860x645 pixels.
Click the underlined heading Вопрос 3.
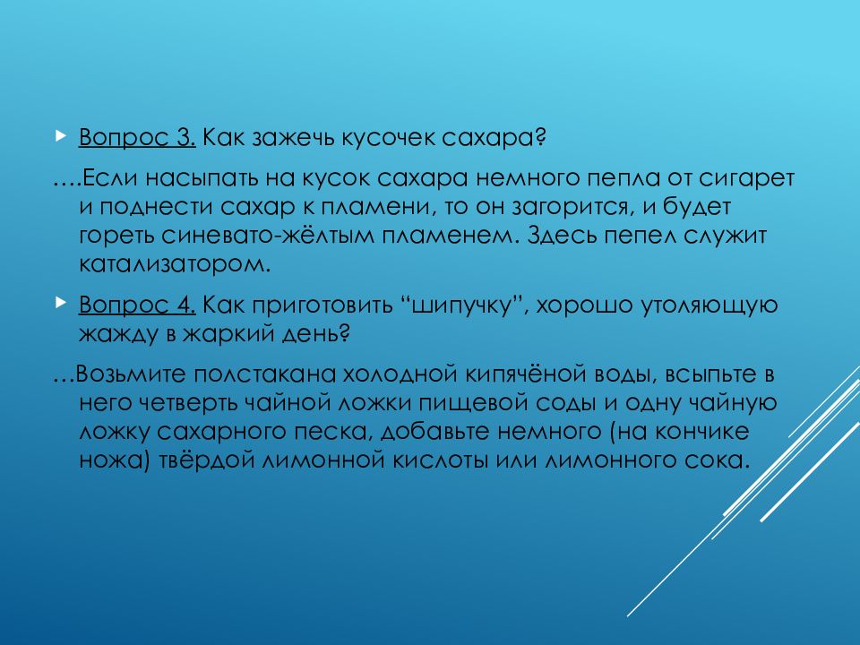point(137,139)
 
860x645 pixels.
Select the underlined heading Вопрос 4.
point(137,305)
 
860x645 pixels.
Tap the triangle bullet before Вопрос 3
point(60,138)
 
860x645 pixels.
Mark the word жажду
point(117,335)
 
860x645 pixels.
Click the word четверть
point(204,403)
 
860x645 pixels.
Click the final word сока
point(716,461)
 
